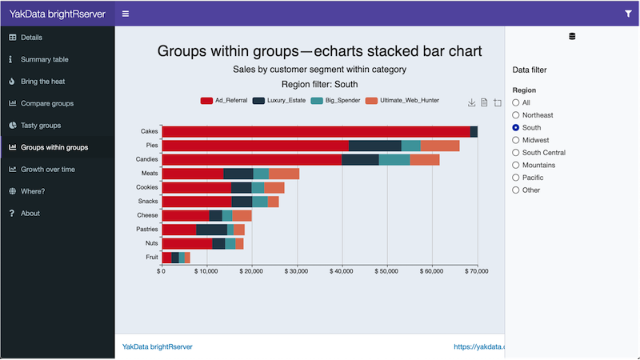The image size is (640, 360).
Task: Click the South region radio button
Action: pyautogui.click(x=516, y=127)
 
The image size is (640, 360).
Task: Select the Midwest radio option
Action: pyautogui.click(x=516, y=140)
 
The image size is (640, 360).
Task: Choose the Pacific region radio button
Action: pyautogui.click(x=516, y=178)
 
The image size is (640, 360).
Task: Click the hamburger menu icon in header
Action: pyautogui.click(x=126, y=14)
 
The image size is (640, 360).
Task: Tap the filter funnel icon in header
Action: pyautogui.click(x=628, y=14)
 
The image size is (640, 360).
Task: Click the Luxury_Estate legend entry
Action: pyautogui.click(x=279, y=101)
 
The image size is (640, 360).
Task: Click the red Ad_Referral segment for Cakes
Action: pyautogui.click(x=316, y=131)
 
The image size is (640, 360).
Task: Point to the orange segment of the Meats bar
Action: pyautogui.click(x=284, y=174)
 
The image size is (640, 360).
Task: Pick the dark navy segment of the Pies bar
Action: pyautogui.click(x=374, y=146)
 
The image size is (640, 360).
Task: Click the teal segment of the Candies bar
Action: pyautogui.click(x=394, y=159)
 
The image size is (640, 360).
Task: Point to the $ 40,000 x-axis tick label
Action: pyautogui.click(x=342, y=272)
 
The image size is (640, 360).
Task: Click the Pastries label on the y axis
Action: pyautogui.click(x=147, y=230)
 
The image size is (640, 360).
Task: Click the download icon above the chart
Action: pyautogui.click(x=472, y=102)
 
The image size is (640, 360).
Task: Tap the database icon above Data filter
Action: pyautogui.click(x=572, y=37)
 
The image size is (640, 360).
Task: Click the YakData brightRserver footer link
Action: pyautogui.click(x=157, y=346)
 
